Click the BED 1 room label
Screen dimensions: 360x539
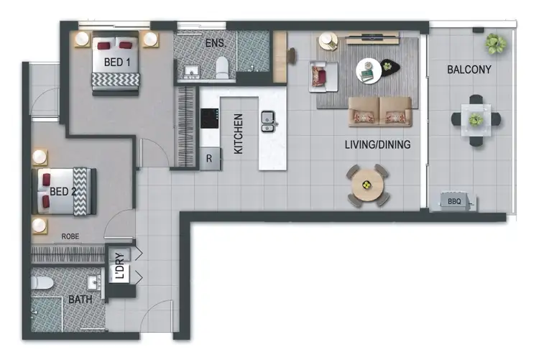click(x=117, y=63)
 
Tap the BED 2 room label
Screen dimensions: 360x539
click(x=63, y=191)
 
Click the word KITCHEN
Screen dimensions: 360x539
click(x=239, y=134)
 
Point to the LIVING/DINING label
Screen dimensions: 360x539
click(x=377, y=145)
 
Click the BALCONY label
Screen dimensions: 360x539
click(x=469, y=70)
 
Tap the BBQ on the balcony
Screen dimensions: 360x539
click(x=456, y=201)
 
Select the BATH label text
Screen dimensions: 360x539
click(x=80, y=299)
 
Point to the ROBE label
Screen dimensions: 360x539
click(x=70, y=235)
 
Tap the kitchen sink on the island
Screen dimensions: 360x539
click(x=269, y=120)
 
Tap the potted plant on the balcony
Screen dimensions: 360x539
click(x=495, y=44)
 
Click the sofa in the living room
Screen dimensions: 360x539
click(x=380, y=111)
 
